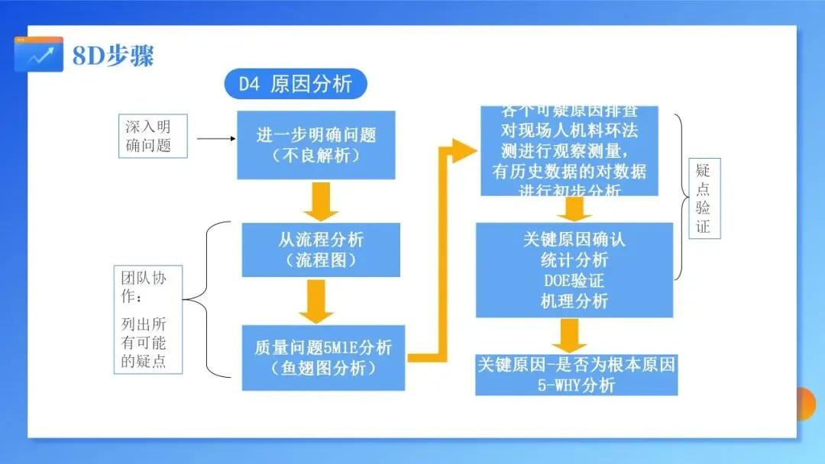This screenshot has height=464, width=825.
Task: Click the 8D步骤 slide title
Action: tap(113, 56)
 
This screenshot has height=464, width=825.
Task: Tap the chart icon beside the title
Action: tap(39, 54)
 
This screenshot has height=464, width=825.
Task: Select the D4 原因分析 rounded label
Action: tap(296, 84)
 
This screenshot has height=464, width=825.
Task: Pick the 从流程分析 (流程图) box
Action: tap(321, 250)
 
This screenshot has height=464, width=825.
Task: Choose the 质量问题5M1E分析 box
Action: tap(323, 357)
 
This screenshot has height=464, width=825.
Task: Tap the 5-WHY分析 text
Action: tap(576, 385)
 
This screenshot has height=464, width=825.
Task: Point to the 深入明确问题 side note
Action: tap(152, 136)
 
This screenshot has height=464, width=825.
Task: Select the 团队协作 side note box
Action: tap(150, 319)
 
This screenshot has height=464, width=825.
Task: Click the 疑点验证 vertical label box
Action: tap(704, 198)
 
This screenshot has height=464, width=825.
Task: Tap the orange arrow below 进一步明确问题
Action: tap(321, 201)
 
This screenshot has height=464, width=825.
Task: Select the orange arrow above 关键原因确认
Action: tap(575, 208)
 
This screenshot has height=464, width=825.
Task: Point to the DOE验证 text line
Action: tap(574, 280)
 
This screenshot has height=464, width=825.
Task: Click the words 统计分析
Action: tap(574, 259)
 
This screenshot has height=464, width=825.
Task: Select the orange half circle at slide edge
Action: tap(806, 403)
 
